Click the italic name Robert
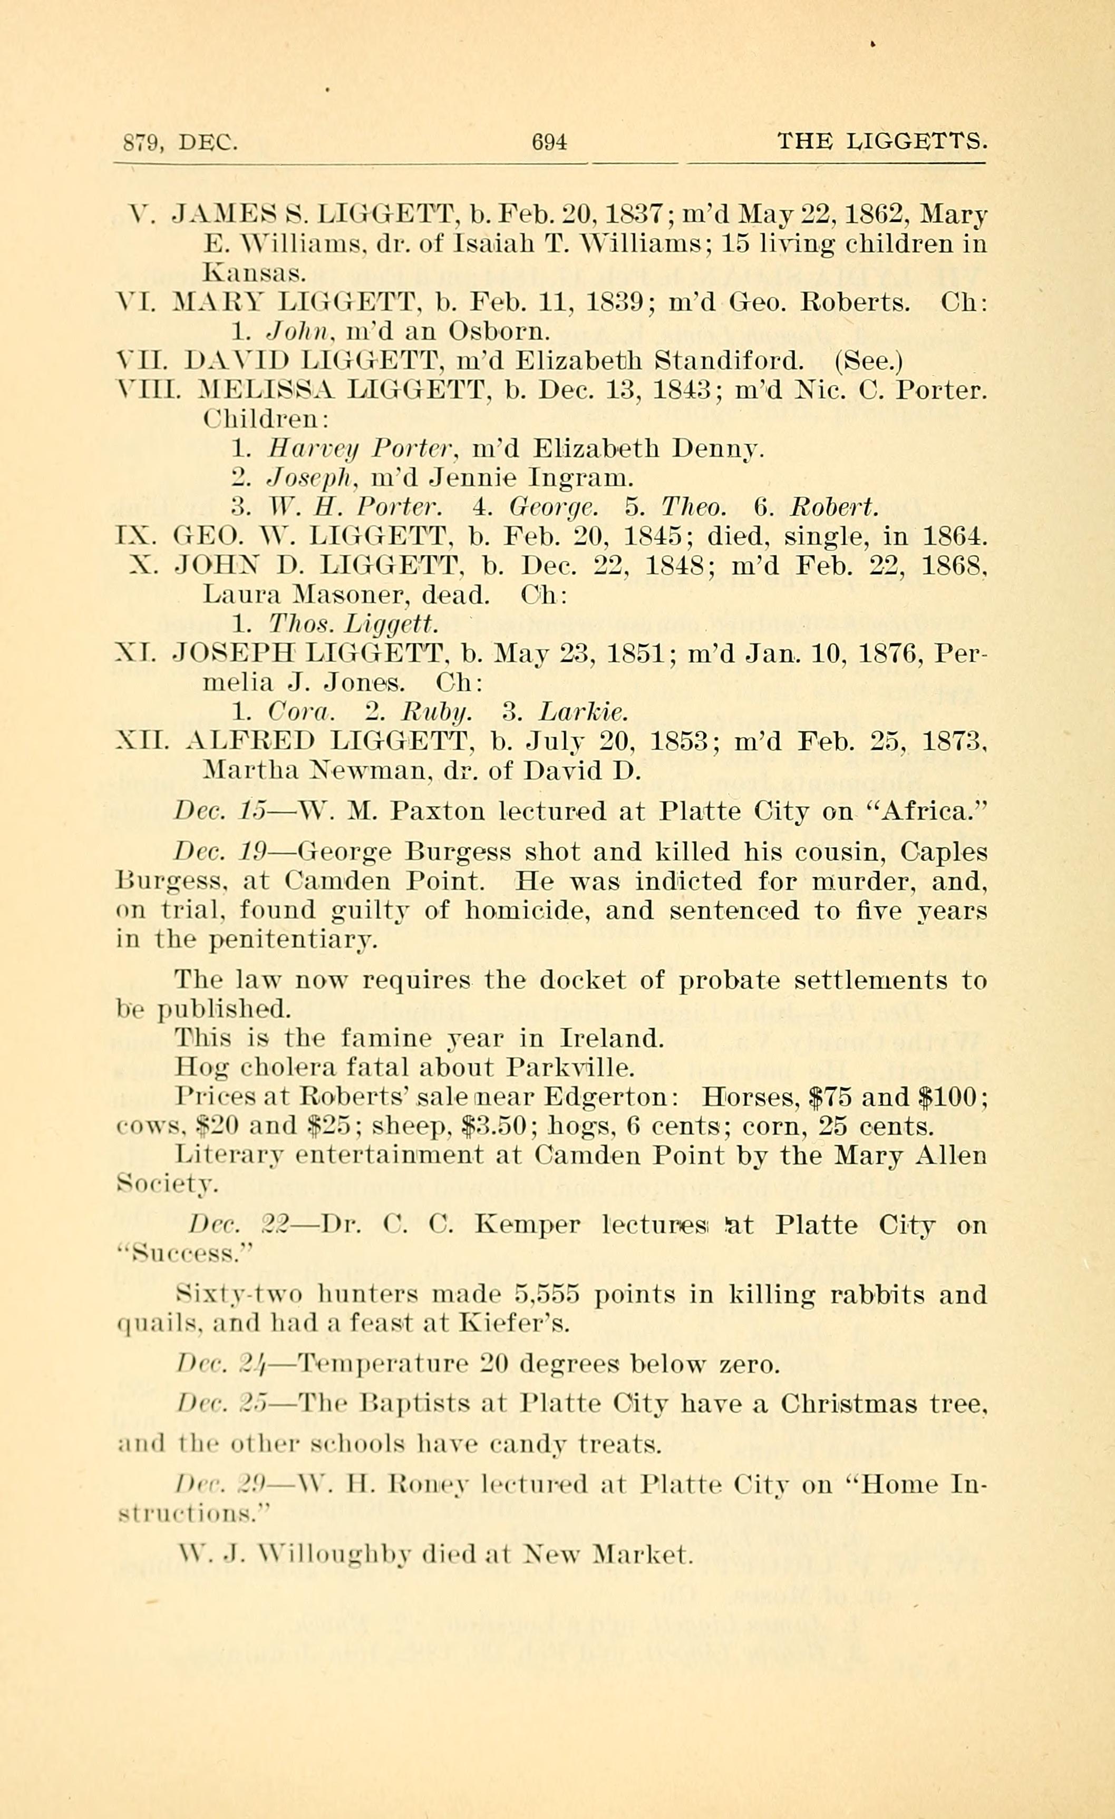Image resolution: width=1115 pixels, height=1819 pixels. (x=833, y=507)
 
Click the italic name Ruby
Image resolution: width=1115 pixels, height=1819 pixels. (x=437, y=712)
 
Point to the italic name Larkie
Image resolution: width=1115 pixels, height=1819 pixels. (x=584, y=712)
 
